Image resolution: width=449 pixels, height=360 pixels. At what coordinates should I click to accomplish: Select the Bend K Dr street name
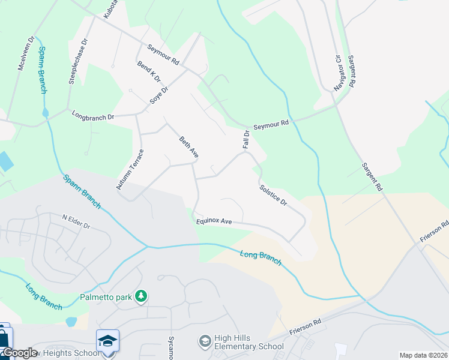(x=149, y=72)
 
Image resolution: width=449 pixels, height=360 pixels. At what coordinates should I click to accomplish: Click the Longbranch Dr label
(x=92, y=115)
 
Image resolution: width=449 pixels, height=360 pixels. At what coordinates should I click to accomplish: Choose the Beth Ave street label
(x=188, y=147)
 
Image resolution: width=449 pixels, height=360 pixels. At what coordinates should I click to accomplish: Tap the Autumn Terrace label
(x=128, y=170)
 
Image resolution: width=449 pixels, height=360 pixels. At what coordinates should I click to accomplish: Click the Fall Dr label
(x=246, y=139)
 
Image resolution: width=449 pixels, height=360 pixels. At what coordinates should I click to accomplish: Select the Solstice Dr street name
(x=273, y=195)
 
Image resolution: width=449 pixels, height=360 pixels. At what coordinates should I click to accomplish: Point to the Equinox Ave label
(x=214, y=221)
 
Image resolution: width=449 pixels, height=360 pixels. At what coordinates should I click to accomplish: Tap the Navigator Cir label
(x=338, y=73)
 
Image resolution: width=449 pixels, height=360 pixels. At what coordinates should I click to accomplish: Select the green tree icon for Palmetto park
(x=141, y=296)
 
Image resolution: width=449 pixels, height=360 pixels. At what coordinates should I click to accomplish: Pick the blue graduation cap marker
(x=108, y=340)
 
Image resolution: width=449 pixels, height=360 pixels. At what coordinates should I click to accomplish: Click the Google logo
(x=20, y=353)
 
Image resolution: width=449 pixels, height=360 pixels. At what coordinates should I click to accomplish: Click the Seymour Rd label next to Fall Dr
(x=271, y=123)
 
